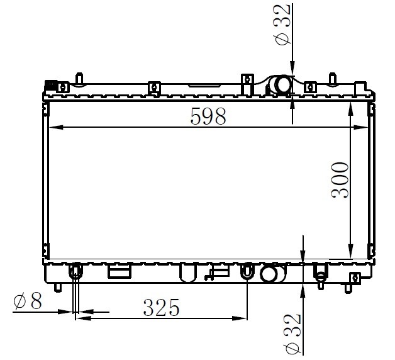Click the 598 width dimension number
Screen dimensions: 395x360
pyautogui.click(x=208, y=116)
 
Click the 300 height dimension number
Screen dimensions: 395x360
pyautogui.click(x=340, y=180)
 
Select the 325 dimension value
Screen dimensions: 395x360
pyautogui.click(x=161, y=308)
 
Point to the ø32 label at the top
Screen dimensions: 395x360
pyautogui.click(x=282, y=25)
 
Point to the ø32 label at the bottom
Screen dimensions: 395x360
pyautogui.click(x=292, y=334)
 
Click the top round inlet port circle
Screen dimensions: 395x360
pyautogui.click(x=283, y=85)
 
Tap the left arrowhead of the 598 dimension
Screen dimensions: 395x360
pyautogui.click(x=56, y=128)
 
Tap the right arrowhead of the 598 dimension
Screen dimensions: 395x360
pyautogui.click(x=361, y=128)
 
